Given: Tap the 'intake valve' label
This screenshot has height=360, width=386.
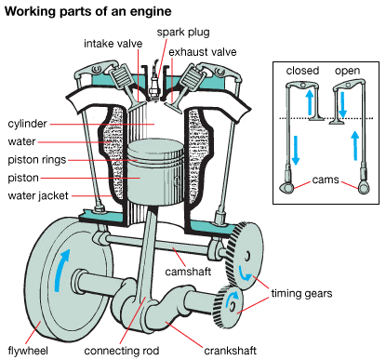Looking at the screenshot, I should [x=113, y=44].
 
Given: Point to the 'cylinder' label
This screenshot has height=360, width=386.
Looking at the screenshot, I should [x=27, y=123].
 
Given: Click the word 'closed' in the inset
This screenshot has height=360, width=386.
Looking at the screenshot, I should [x=302, y=71].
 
